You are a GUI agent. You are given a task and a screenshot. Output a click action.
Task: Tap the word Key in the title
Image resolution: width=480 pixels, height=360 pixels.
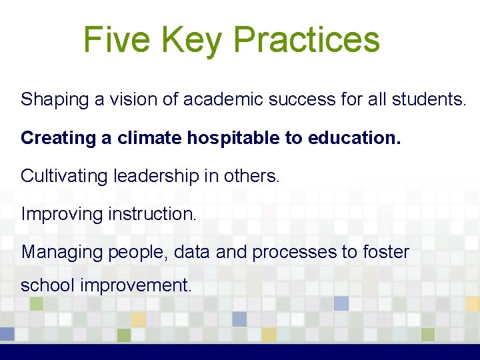[x=193, y=39]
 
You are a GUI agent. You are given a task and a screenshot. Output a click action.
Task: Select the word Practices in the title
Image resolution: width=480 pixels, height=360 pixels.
[x=307, y=39]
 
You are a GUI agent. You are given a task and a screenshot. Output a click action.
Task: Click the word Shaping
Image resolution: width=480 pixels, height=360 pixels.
[x=54, y=100]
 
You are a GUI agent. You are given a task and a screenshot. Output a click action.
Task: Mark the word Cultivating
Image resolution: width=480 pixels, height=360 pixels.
[x=64, y=176]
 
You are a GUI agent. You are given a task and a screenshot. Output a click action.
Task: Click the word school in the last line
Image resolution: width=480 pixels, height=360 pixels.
[x=47, y=285]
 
